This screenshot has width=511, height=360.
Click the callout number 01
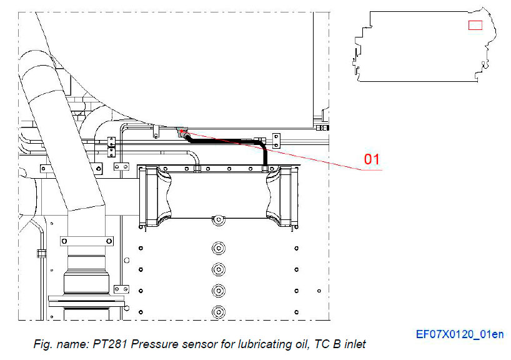pos(372,159)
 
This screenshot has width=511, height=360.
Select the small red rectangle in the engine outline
pos(475,24)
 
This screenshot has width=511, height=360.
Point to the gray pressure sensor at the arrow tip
pos(182,132)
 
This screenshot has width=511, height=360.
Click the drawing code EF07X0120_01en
pos(460,334)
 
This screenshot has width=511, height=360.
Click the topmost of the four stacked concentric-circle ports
pos(218,248)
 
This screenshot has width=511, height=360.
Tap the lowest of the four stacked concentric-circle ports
pos(218,311)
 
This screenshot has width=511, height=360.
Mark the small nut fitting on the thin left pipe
pos(41,253)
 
